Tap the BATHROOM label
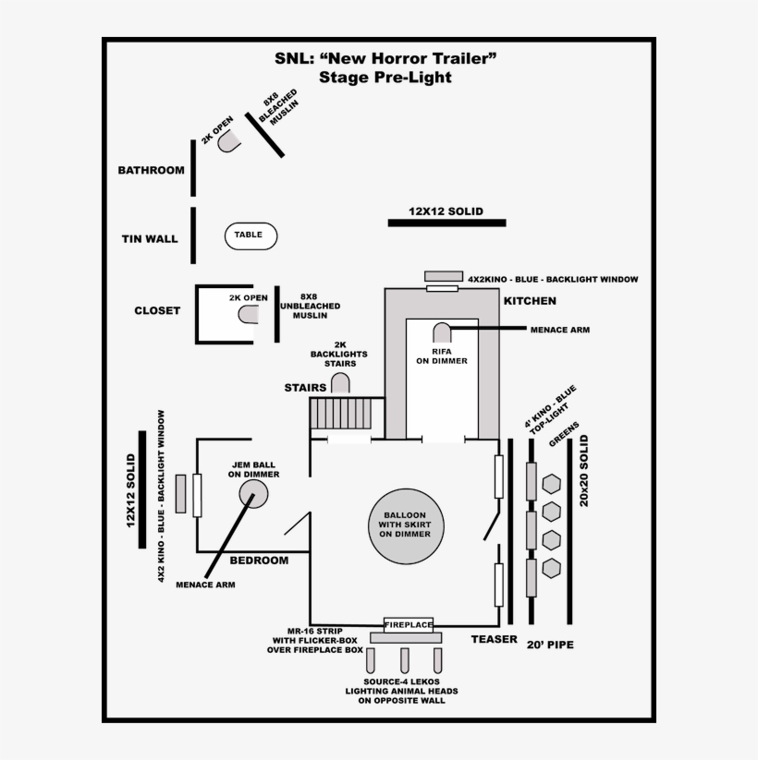coord(151,170)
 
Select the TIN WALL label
coord(150,239)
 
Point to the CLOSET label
coord(157,310)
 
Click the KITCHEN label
coord(530,301)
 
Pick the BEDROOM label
coord(259,561)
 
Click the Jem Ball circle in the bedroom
coord(252,494)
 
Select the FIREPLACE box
coord(409,625)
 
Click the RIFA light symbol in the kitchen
coord(442,332)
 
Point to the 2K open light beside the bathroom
coord(228,139)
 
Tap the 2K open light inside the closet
coord(249,314)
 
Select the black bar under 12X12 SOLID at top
coord(446,223)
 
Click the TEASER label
coord(494,639)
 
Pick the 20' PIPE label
coord(550,644)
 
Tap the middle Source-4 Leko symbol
coord(404,659)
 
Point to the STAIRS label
coord(305,388)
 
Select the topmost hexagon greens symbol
coord(552,485)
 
